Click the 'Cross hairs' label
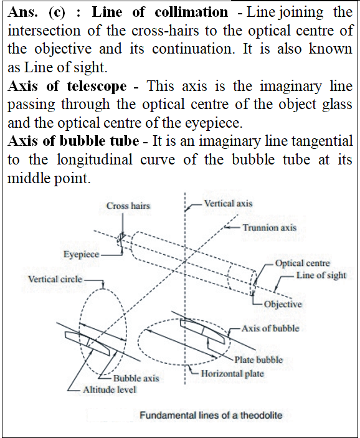(128, 206)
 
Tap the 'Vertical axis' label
(228, 203)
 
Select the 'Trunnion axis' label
(270, 227)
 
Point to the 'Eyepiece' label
(81, 254)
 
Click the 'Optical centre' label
(303, 263)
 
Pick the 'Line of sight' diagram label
(321, 275)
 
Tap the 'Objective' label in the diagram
(283, 304)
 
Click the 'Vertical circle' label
(55, 279)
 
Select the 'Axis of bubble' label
(270, 328)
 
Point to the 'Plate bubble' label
(258, 359)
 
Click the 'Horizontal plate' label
(232, 373)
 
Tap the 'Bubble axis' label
(136, 378)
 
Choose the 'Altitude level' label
(110, 389)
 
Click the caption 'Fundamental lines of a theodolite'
(211, 415)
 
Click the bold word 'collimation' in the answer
(191, 12)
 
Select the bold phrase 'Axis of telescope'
(67, 86)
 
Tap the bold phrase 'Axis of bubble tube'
(73, 141)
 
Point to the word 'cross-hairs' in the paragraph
(165, 31)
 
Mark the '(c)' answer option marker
(57, 12)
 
